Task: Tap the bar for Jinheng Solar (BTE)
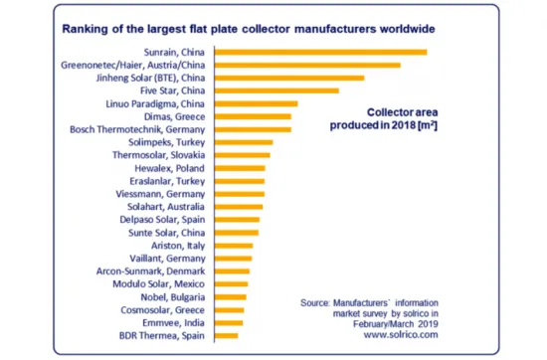(x=288, y=78)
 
